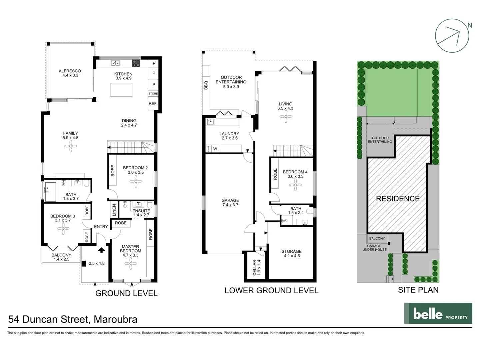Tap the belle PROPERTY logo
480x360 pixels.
tap(438, 313)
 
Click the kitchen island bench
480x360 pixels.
tap(121, 90)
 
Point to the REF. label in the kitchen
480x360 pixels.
tap(153, 104)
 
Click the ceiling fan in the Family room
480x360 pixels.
tap(71, 146)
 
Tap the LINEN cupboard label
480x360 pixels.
tap(114, 210)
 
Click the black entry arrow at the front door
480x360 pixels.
tap(101, 250)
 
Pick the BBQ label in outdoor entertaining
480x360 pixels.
tap(206, 85)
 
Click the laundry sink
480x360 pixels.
tap(211, 122)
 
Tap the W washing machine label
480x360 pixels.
tap(215, 149)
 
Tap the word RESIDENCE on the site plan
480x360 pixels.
tap(398, 199)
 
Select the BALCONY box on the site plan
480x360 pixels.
tap(377, 238)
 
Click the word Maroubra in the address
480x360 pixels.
tap(115, 319)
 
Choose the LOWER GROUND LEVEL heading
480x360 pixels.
tap(271, 290)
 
